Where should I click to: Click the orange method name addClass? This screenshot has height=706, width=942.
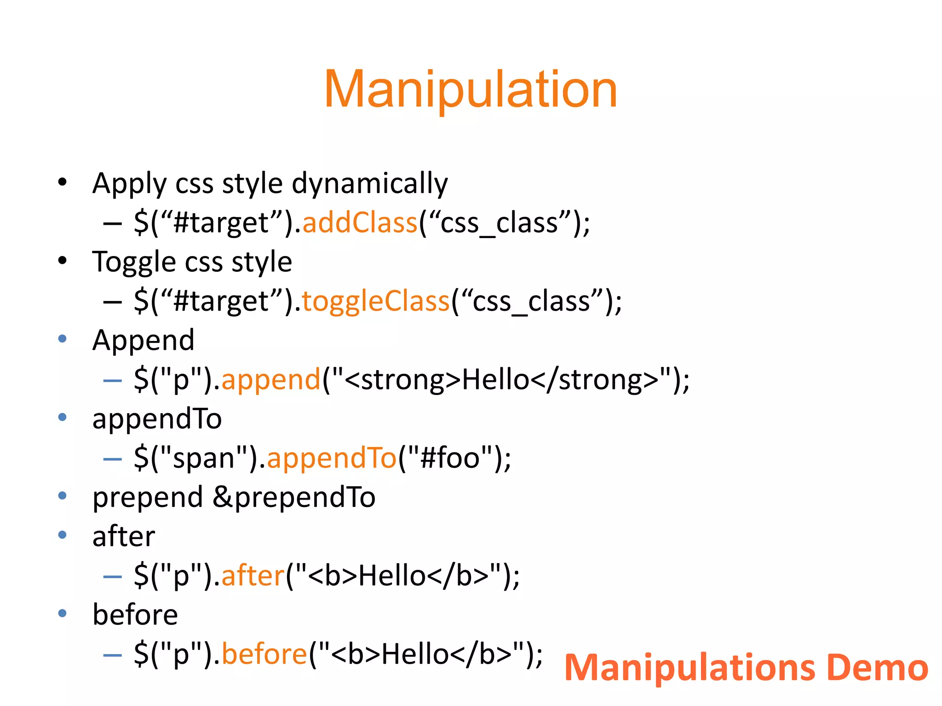point(360,223)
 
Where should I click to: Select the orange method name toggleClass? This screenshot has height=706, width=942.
point(375,302)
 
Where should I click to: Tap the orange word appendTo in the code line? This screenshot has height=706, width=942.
point(331,458)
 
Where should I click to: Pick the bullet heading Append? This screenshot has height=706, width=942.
point(143,341)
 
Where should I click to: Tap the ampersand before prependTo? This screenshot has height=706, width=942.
point(223,497)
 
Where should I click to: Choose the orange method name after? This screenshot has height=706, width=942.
point(253,575)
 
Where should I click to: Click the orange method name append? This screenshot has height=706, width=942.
point(270,380)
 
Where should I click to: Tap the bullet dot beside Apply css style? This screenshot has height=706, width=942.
point(63,182)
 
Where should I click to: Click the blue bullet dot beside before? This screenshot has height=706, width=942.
point(63,613)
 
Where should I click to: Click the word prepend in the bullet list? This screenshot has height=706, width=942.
point(147,497)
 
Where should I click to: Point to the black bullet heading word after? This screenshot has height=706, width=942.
point(123,536)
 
